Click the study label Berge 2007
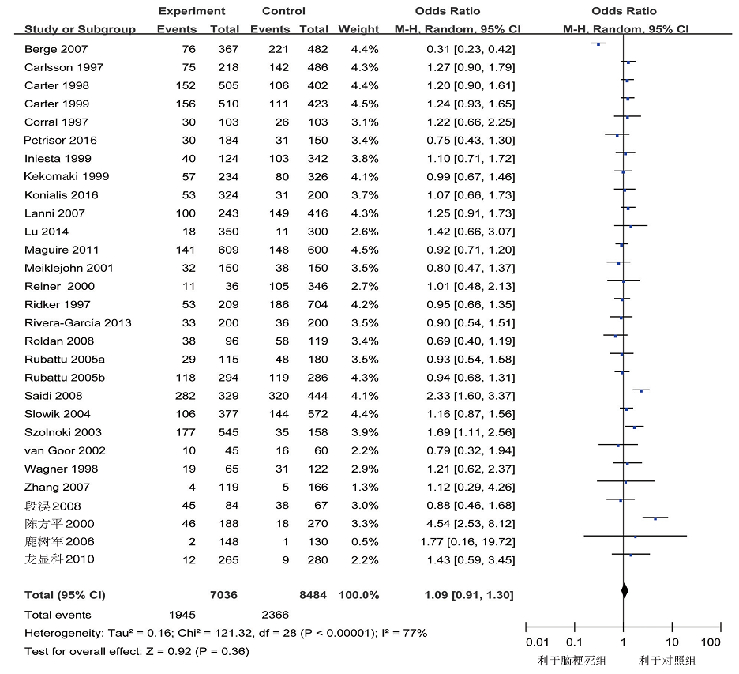click(x=56, y=49)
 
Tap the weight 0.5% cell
click(x=365, y=541)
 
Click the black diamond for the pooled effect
click(x=625, y=590)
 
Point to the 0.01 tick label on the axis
click(x=538, y=642)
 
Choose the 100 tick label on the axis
click(x=711, y=642)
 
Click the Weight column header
click(x=358, y=29)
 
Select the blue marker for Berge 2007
click(x=598, y=44)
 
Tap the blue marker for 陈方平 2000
click(x=655, y=519)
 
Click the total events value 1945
click(x=182, y=615)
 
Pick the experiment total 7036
click(x=224, y=595)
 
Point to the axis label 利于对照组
click(x=667, y=661)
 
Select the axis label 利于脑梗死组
click(x=572, y=661)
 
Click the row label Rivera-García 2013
click(x=77, y=322)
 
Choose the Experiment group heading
click(x=192, y=11)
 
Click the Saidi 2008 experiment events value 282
click(x=186, y=396)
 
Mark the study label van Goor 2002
click(x=65, y=450)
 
